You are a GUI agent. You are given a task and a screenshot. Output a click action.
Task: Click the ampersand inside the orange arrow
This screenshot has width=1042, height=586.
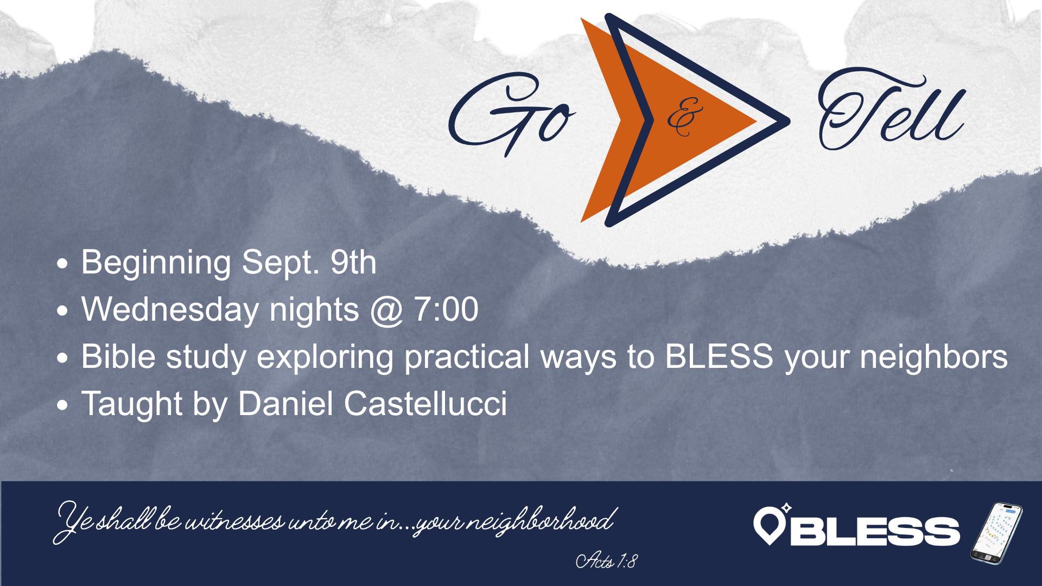(x=684, y=116)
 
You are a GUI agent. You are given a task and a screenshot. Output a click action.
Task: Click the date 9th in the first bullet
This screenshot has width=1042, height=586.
(x=353, y=262)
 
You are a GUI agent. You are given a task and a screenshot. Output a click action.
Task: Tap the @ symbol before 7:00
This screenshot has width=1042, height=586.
(x=386, y=311)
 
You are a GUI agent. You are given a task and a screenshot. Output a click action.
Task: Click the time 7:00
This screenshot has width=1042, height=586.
(x=446, y=309)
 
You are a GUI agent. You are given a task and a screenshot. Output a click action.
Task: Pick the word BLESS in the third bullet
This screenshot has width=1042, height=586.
(x=719, y=356)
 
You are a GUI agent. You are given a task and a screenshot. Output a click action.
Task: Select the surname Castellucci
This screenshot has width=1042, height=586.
(x=425, y=404)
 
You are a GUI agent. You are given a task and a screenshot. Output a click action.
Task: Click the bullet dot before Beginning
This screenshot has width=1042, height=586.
(x=63, y=264)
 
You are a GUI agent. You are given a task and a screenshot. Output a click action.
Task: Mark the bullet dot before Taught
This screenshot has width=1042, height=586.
(x=63, y=405)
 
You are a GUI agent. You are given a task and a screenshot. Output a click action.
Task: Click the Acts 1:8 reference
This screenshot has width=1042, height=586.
(x=606, y=560)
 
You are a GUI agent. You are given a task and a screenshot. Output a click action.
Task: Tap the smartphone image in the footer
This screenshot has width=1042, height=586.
(x=996, y=533)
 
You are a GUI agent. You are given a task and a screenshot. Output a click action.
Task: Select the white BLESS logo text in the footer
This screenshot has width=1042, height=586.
(x=875, y=531)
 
